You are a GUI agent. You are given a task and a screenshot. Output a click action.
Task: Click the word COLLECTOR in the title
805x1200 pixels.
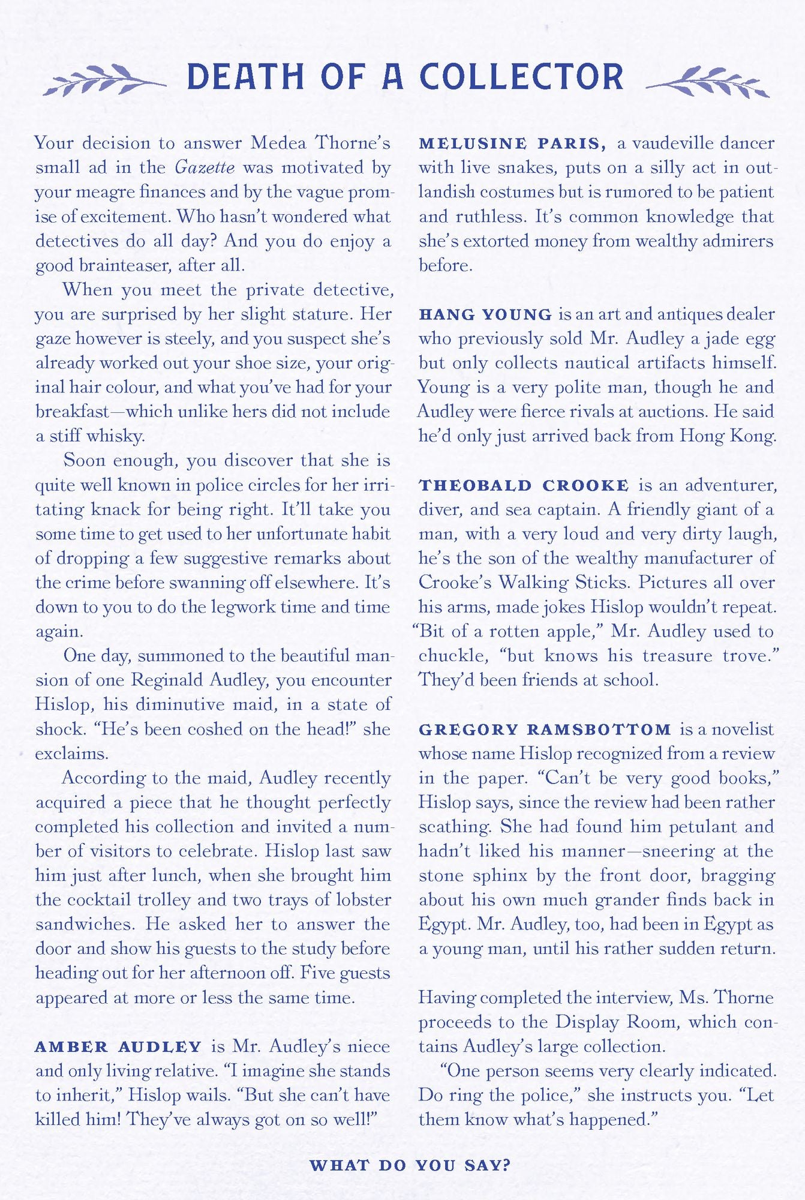521,77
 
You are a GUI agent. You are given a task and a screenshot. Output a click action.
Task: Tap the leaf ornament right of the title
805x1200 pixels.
708,81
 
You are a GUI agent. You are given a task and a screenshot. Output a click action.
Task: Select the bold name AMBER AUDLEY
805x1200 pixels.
118,1047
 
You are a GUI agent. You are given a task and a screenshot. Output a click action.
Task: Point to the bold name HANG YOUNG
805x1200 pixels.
485,314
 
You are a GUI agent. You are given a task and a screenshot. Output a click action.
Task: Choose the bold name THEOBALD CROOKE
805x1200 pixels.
524,485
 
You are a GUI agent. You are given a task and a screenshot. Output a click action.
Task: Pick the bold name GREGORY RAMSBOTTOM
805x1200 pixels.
545,730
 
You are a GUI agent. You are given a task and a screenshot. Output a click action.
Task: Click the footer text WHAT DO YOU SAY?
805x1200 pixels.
410,1165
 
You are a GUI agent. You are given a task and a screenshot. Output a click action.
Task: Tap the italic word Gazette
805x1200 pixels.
205,167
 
